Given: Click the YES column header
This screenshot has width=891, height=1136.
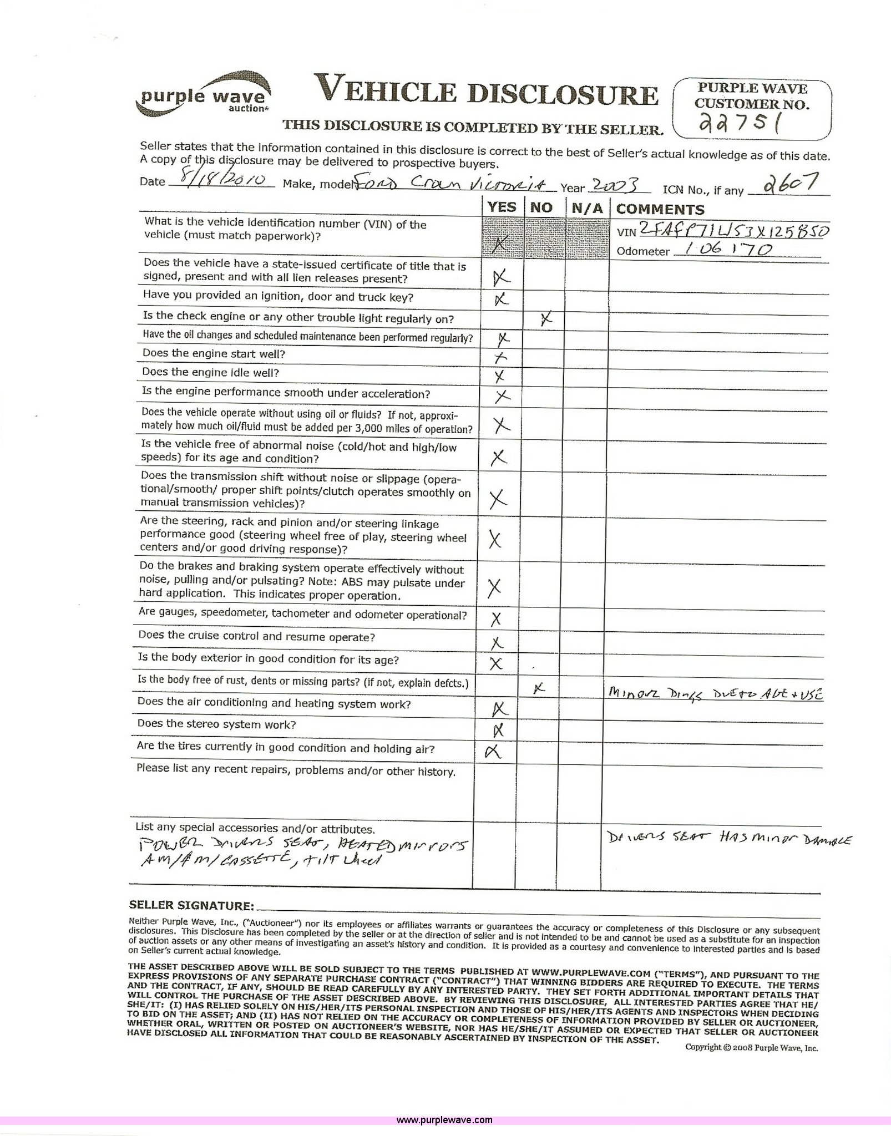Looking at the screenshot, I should click(502, 207).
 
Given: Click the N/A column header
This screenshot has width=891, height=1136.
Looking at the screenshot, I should click(587, 209).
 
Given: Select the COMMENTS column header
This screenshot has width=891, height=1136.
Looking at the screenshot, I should click(660, 209).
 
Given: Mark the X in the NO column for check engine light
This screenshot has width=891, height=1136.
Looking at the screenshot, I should click(546, 318).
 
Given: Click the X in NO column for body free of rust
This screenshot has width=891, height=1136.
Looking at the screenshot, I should click(538, 688).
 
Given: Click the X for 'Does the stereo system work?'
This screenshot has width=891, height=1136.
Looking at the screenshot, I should click(498, 730).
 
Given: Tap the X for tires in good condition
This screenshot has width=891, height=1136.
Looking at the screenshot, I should click(492, 751).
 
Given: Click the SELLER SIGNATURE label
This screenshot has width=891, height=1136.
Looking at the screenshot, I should click(191, 906).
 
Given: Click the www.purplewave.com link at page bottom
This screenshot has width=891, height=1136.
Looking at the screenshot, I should click(444, 1124).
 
